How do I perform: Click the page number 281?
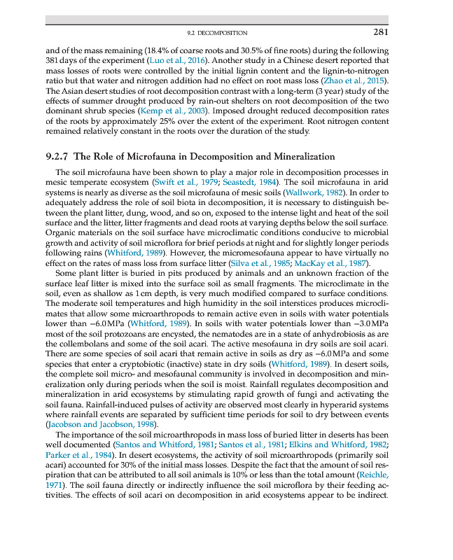click(x=381, y=32)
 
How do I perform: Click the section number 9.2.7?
click(x=56, y=156)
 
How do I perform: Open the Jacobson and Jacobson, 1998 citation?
click(x=100, y=424)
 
